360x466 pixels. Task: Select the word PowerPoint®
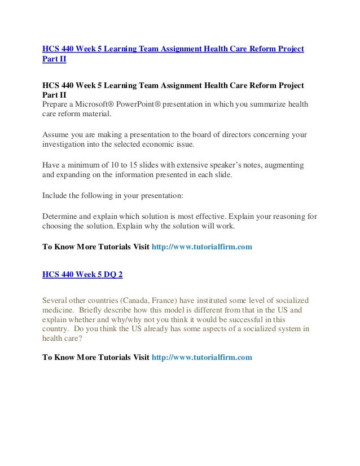pyautogui.click(x=138, y=104)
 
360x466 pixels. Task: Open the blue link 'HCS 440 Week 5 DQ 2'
pyautogui.click(x=82, y=275)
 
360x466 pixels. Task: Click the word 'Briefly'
pyautogui.click(x=94, y=310)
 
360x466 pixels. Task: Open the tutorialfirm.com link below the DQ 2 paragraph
pyautogui.click(x=203, y=357)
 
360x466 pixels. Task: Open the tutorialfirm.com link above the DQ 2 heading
pyautogui.click(x=203, y=247)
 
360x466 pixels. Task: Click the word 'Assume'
pyautogui.click(x=56, y=134)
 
